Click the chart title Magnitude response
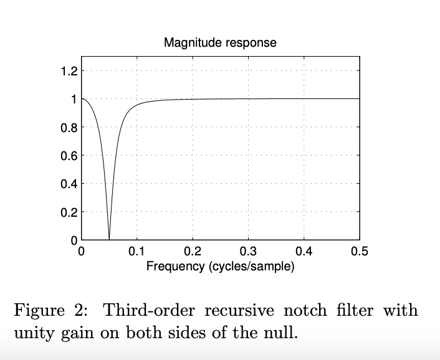point(220,43)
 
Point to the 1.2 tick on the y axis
point(69,71)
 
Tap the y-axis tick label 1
point(73,99)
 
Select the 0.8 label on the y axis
point(69,127)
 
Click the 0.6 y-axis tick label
point(69,155)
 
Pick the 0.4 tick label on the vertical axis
point(69,184)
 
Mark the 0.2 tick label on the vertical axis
point(69,212)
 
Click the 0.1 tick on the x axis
point(137,252)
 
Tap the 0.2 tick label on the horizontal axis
point(193,252)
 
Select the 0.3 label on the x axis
point(248,252)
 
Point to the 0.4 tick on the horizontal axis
point(304,252)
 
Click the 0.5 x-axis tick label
point(360,252)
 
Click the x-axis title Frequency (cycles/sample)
point(220,267)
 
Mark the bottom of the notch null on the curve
point(110,239)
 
